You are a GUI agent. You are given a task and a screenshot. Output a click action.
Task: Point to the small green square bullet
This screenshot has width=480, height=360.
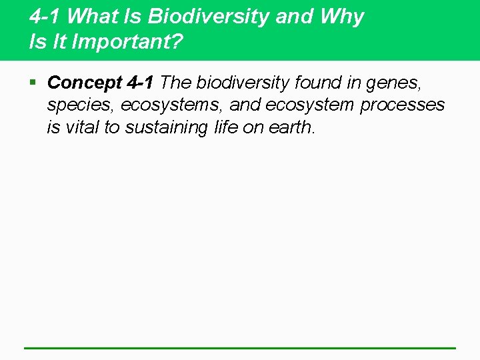pos(33,83)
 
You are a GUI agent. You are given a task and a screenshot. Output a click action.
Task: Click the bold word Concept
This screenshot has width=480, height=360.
pos(85,83)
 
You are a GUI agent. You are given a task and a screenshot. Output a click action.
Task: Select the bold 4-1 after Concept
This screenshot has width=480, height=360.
pos(140,83)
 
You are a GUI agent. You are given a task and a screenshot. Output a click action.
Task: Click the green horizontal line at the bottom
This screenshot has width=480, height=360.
pos(240,348)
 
